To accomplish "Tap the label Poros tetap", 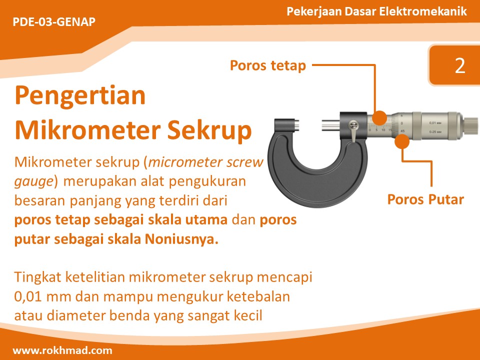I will point(267,65).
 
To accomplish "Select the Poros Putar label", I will point(425,199).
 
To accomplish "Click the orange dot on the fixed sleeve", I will point(379,118).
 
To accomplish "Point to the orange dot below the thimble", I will point(401,142).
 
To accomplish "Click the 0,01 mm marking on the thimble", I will point(435,121).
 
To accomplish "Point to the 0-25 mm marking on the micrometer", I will point(435,131).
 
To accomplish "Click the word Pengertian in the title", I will point(80,95).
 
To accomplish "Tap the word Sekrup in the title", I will point(209,129).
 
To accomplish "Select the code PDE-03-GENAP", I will point(53,22).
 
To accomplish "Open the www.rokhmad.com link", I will point(62,350).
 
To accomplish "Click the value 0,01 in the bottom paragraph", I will point(28,296).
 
